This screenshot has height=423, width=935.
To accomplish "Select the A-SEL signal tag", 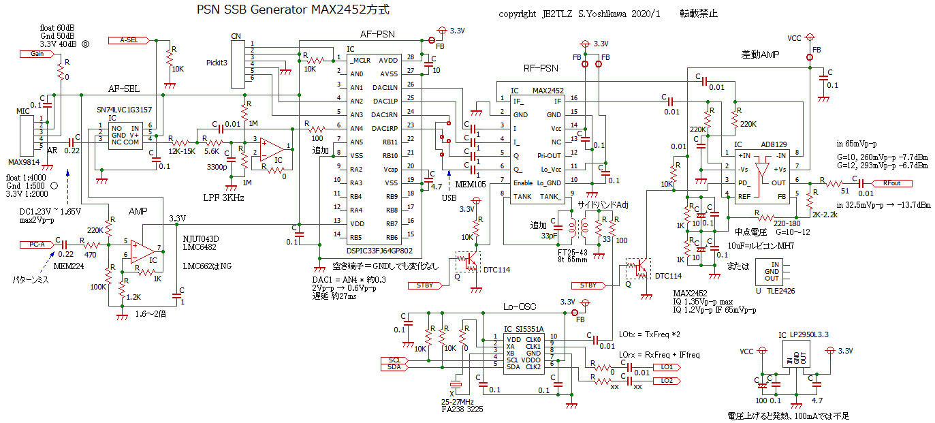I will [127, 40].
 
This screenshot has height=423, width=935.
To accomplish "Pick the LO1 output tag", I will [665, 366].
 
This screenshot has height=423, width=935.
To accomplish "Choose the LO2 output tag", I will [665, 380].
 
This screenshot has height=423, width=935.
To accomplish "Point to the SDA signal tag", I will [396, 367].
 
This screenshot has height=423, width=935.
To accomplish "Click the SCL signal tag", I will [396, 360].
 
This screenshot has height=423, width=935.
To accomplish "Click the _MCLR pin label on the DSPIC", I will [360, 60].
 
